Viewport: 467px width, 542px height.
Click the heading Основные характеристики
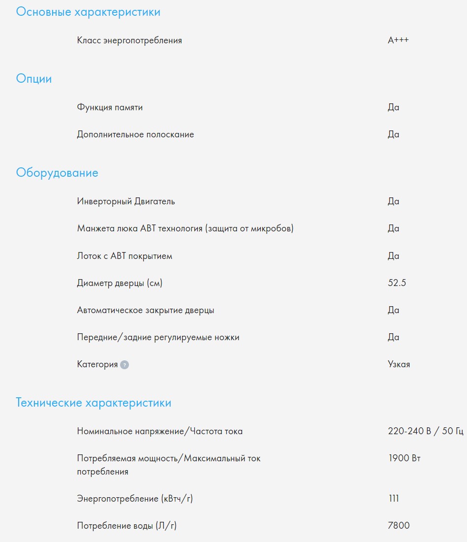click(x=88, y=12)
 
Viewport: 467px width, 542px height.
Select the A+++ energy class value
click(x=398, y=40)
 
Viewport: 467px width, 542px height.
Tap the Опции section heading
click(x=34, y=79)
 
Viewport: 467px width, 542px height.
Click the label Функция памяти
click(x=110, y=107)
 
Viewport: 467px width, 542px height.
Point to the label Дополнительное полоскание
click(x=135, y=134)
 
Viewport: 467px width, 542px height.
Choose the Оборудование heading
click(x=57, y=173)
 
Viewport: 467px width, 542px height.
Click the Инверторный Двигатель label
click(x=126, y=201)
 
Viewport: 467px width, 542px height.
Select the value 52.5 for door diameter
click(x=397, y=283)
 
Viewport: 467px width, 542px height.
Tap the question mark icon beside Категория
click(x=125, y=365)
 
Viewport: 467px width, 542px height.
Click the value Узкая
click(x=399, y=364)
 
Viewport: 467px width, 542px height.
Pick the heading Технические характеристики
click(x=93, y=403)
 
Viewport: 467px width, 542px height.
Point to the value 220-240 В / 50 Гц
click(x=426, y=431)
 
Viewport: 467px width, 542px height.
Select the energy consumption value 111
click(x=393, y=499)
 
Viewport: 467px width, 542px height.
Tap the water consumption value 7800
click(x=399, y=526)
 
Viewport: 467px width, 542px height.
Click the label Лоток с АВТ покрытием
click(x=125, y=256)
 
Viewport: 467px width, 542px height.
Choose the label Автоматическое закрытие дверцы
click(x=146, y=310)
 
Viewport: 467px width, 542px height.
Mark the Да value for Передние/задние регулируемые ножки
click(x=393, y=337)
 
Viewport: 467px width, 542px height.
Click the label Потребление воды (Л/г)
click(x=127, y=526)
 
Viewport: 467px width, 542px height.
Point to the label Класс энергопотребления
click(x=129, y=40)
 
